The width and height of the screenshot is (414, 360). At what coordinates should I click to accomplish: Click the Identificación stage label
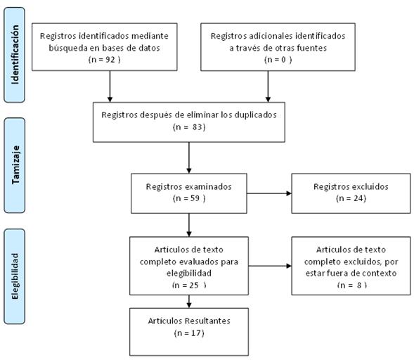coord(15,55)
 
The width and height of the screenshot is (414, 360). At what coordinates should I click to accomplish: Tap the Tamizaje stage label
coord(15,165)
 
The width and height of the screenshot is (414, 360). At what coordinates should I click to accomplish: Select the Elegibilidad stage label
coord(15,276)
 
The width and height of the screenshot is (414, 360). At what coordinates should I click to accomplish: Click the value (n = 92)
coord(104,60)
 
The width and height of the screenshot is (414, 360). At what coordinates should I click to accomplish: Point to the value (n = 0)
coord(278,60)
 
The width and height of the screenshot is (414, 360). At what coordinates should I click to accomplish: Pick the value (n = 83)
coord(189,127)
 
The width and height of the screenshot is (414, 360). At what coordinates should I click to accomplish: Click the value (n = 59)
coord(189,198)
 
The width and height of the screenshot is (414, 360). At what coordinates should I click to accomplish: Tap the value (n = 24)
coord(351,198)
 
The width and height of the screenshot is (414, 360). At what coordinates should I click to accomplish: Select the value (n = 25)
coord(189,285)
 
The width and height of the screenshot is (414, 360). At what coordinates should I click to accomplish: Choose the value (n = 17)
coord(189,333)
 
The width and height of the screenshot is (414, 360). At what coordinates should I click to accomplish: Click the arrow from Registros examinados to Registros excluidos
coord(269,193)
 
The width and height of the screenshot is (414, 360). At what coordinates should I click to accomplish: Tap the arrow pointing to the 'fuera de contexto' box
coord(270,266)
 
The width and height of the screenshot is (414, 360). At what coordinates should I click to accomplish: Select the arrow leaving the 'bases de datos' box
coord(110,86)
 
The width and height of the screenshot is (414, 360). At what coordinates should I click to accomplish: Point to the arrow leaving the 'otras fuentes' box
coord(268,86)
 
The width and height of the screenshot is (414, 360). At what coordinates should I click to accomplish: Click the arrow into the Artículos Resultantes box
coord(189,302)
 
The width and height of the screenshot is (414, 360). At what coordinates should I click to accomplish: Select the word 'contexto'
coord(380,273)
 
